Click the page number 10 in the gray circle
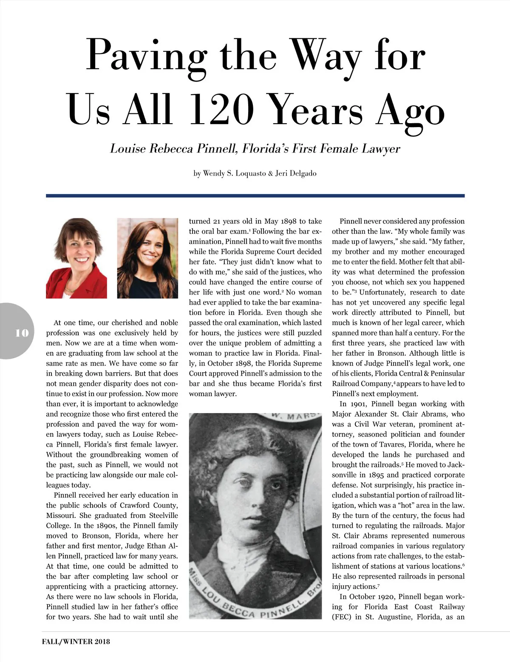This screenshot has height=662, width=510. click(x=22, y=333)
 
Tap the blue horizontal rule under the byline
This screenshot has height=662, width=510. click(x=255, y=196)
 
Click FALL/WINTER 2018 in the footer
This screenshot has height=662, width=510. click(x=76, y=641)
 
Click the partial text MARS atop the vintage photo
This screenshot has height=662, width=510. click(x=300, y=416)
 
